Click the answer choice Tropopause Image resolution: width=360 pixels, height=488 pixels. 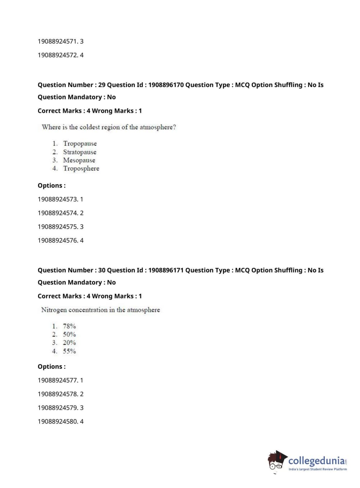pos(80,144)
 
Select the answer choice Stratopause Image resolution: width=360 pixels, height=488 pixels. pos(79,152)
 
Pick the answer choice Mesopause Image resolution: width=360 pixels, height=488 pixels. pos(79,160)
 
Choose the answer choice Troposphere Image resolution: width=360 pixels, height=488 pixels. pos(81,168)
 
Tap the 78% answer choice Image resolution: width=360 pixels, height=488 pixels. pos(69,326)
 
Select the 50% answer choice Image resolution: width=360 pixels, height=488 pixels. pos(69,334)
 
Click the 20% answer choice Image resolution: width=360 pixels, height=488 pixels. pos(69,343)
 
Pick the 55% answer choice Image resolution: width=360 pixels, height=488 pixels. pos(69,351)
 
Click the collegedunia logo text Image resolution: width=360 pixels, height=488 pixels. pos(316,461)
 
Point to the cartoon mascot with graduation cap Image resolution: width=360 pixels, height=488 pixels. pos(277,461)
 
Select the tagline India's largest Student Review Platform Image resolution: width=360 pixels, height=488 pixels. pos(318,469)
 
